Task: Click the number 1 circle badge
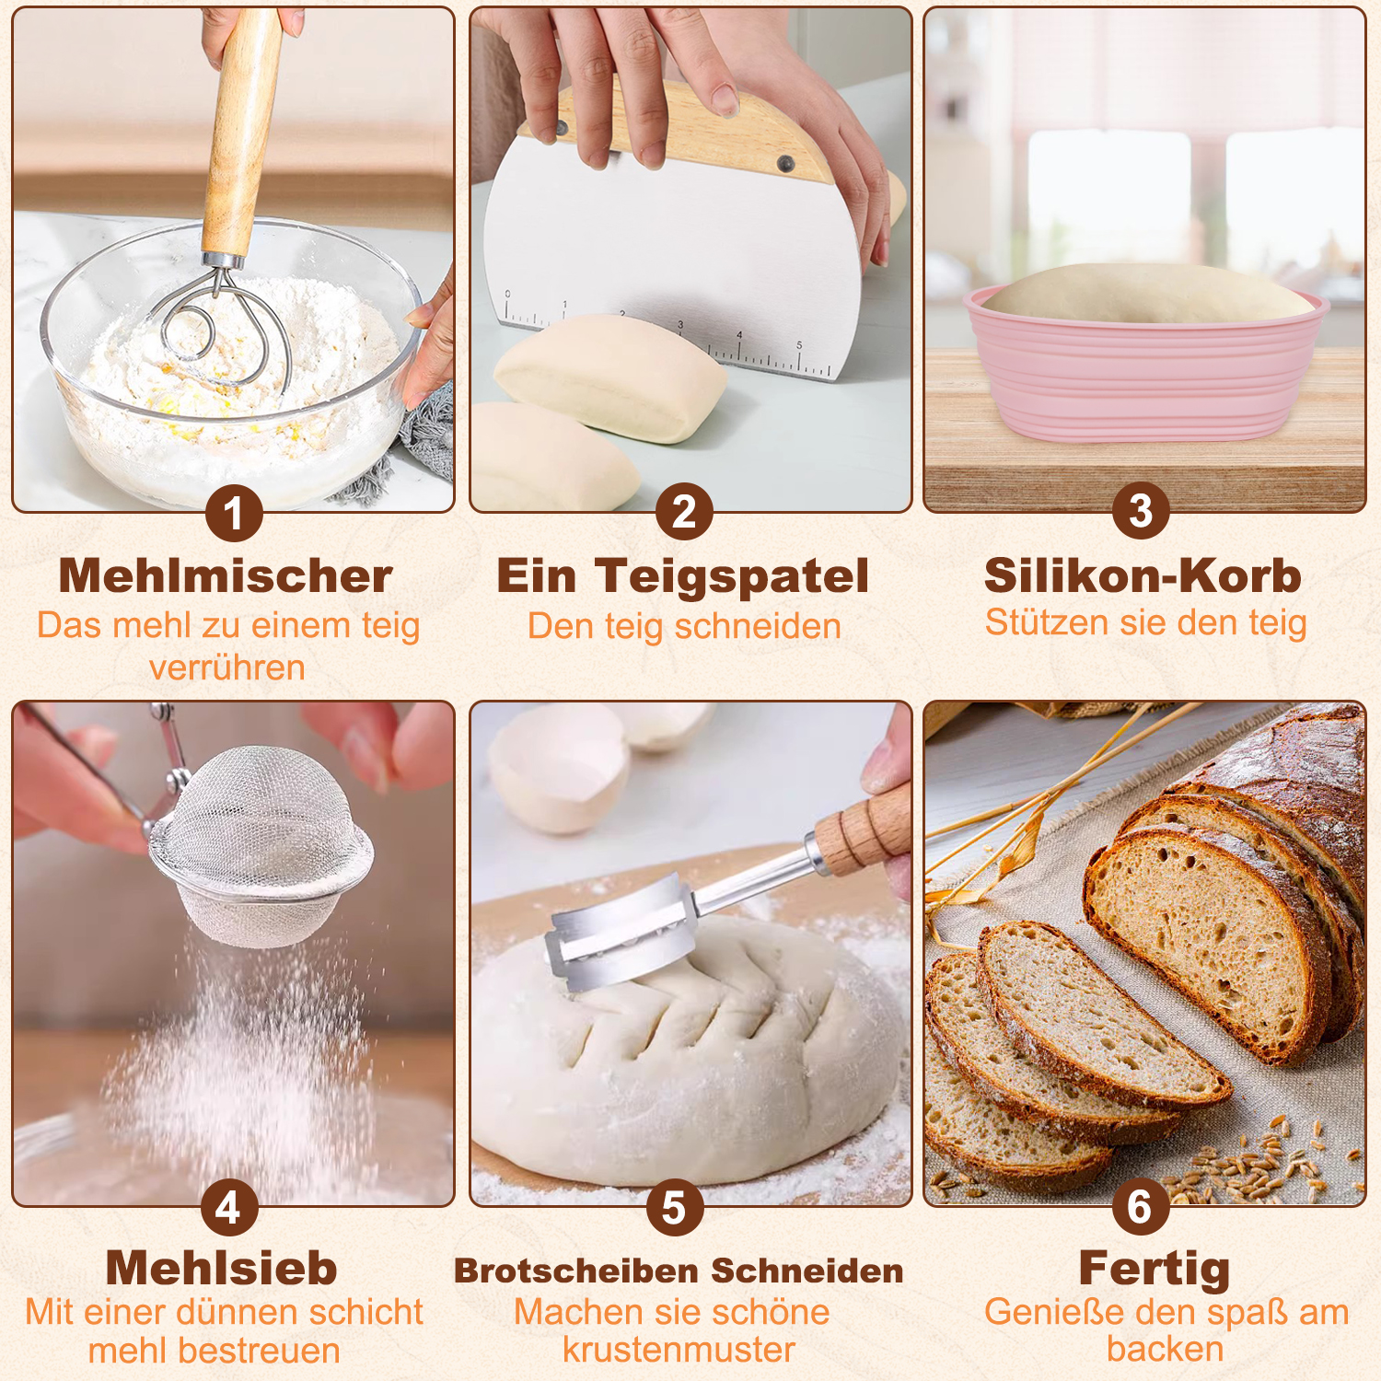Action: pyautogui.click(x=234, y=513)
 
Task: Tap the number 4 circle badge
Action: pyautogui.click(x=229, y=1207)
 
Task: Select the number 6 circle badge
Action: pyautogui.click(x=1140, y=1206)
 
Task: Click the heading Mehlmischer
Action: pyautogui.click(x=226, y=576)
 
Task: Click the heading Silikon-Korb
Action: pyautogui.click(x=1143, y=576)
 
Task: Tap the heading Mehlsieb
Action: pyautogui.click(x=222, y=1268)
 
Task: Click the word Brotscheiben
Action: pyautogui.click(x=576, y=1271)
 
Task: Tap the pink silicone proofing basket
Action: pyautogui.click(x=1145, y=364)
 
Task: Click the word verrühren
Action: pyautogui.click(x=227, y=667)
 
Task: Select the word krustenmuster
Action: pyautogui.click(x=679, y=1350)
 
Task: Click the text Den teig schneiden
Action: pyautogui.click(x=684, y=626)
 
